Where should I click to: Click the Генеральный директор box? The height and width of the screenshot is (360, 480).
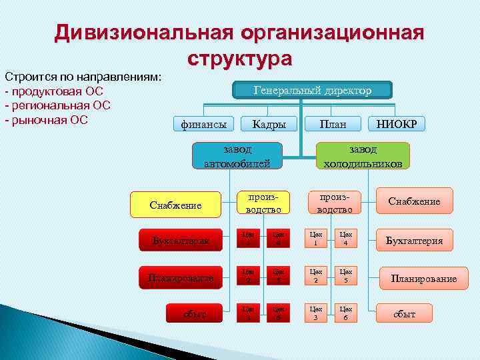coord(312,91)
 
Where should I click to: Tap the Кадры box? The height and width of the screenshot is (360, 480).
coord(269,124)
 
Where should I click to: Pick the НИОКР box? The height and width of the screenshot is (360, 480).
coord(396,124)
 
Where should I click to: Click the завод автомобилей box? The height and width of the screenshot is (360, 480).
coord(237,156)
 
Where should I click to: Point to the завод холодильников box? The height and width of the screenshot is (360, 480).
coord(363,156)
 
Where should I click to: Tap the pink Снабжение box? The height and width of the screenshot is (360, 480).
coord(414,201)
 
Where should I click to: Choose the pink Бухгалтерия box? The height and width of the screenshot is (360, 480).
coord(414,241)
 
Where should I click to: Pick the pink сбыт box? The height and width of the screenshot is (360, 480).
coord(403,313)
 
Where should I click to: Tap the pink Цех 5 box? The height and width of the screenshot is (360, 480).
coord(345,276)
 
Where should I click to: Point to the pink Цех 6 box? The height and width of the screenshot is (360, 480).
coord(345,313)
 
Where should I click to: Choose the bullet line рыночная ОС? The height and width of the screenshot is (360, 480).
coord(47,120)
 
